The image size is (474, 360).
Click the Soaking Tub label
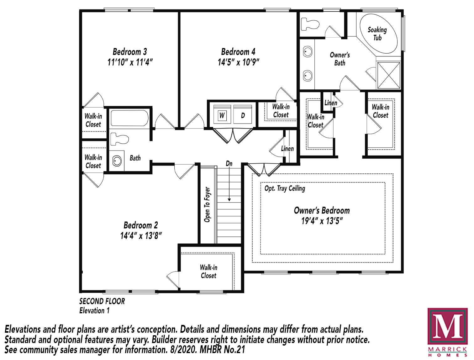click(x=377, y=34)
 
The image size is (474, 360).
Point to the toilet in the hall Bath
click(x=119, y=139)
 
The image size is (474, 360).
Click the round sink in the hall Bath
click(x=117, y=161)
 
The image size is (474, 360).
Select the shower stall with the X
click(x=388, y=75)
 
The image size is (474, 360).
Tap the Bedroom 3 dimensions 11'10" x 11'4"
click(x=130, y=62)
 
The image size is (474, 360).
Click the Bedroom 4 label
click(x=238, y=52)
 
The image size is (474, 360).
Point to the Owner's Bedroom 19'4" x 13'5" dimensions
click(x=322, y=221)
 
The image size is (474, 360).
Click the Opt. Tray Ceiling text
click(x=285, y=188)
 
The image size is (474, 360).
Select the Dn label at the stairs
click(x=229, y=163)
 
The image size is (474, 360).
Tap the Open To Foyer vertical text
click(x=207, y=204)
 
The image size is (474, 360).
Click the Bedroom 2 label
click(x=141, y=225)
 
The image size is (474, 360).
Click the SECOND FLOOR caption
click(x=102, y=301)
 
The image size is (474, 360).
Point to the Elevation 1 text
click(x=94, y=310)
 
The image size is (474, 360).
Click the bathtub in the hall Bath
click(x=129, y=118)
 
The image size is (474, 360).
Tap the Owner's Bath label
click(x=340, y=59)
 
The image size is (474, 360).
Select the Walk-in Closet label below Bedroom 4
click(x=281, y=111)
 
